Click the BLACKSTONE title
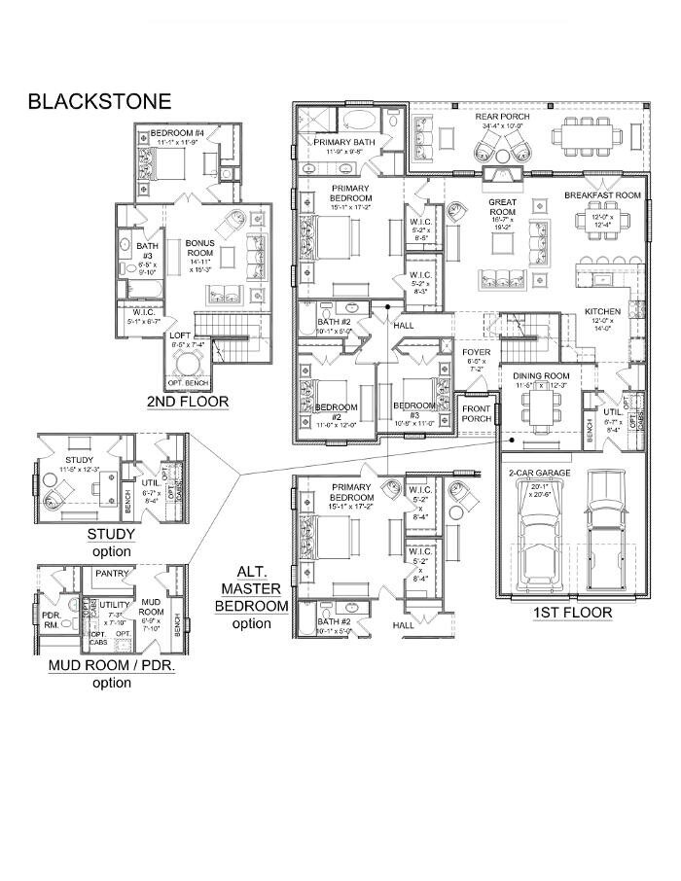coord(99,101)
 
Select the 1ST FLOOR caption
coord(572,613)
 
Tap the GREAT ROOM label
coord(502,207)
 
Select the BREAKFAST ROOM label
coord(602,195)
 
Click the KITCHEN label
coord(603,311)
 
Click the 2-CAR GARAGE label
coord(540,474)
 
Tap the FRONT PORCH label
coord(477,414)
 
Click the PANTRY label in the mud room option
coord(113,574)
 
